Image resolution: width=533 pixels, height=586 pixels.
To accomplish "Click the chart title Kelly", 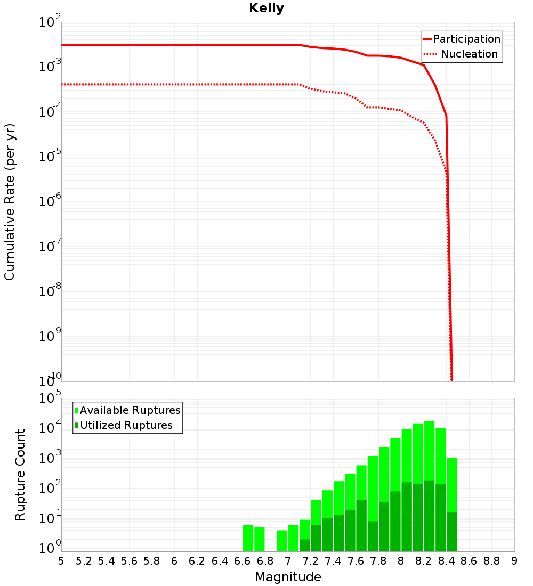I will pyautogui.click(x=266, y=9).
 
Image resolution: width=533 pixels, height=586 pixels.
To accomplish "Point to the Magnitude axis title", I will pyautogui.click(x=288, y=577).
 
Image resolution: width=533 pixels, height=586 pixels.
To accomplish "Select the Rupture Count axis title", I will pyautogui.click(x=20, y=474).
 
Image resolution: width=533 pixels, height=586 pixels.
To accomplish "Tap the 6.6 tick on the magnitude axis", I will pyautogui.click(x=243, y=561).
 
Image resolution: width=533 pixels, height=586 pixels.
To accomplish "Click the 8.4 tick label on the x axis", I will pyautogui.click(x=446, y=561).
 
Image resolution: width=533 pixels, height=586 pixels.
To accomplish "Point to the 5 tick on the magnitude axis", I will pyautogui.click(x=61, y=561).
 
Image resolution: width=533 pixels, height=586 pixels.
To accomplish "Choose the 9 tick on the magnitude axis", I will pyautogui.click(x=514, y=561).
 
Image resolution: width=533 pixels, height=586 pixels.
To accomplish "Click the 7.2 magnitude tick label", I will pyautogui.click(x=311, y=561).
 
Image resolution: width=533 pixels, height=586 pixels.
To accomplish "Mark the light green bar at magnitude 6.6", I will pyautogui.click(x=248, y=538).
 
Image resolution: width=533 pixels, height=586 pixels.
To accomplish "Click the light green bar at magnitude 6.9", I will pyautogui.click(x=282, y=541).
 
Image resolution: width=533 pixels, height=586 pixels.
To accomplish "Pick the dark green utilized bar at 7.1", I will pyautogui.click(x=304, y=545).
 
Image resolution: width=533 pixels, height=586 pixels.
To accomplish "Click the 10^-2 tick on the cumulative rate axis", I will pyautogui.click(x=50, y=22).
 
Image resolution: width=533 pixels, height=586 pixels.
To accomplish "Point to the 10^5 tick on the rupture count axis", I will pyautogui.click(x=51, y=398).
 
